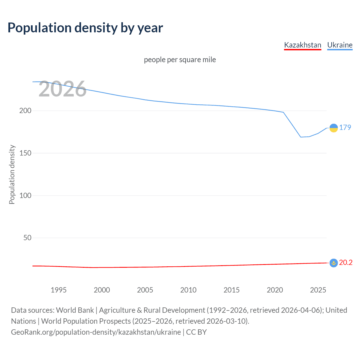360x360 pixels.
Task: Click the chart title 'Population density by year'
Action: coord(85,28)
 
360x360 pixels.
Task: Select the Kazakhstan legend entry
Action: coord(303,45)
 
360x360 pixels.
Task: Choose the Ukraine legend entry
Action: coord(340,45)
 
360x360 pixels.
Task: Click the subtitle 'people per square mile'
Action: coord(180,60)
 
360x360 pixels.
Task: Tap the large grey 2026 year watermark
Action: coord(62,89)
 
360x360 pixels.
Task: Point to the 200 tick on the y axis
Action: coord(25,111)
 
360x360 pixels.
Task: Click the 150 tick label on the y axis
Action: coord(25,153)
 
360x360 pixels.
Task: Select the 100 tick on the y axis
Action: coord(25,195)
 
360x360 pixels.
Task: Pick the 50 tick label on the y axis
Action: coord(27,238)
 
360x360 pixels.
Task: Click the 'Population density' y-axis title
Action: coord(12,174)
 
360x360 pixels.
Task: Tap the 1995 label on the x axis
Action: coord(58,290)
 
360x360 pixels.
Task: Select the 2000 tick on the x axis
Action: coord(102,290)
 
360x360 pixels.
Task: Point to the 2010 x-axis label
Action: coord(188,290)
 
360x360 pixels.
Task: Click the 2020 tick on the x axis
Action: coord(275,290)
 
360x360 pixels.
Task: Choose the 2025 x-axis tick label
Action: coord(318,290)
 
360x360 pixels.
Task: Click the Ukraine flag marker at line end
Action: coord(334,128)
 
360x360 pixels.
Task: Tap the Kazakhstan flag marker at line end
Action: coord(334,263)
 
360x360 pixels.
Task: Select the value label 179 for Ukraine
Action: coord(345,127)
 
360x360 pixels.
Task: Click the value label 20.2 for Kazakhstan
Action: coord(346,262)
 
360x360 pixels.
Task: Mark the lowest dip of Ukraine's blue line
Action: coord(301,137)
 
